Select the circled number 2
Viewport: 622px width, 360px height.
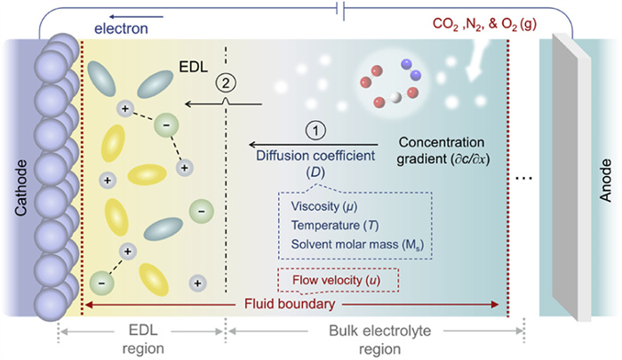[x=225, y=83]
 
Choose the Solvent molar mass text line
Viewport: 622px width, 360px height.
[x=353, y=244]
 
